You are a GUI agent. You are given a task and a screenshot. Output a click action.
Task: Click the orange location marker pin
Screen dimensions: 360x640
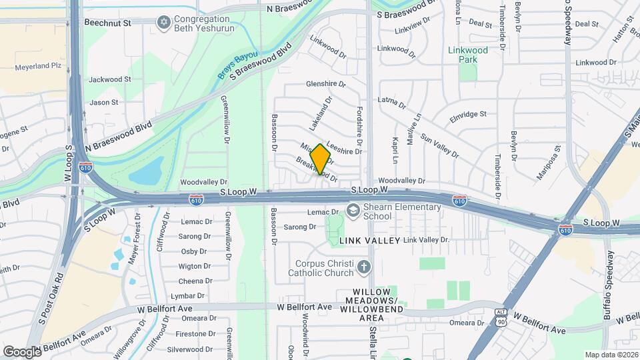[321, 159]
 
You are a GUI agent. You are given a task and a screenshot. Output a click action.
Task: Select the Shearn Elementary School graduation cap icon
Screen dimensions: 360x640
[353, 212]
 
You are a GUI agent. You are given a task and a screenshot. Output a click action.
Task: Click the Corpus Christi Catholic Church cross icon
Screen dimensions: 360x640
[363, 267]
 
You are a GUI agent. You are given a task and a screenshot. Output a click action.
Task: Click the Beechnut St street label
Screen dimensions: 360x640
[108, 22]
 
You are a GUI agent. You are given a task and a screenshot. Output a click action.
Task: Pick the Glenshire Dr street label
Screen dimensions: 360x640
[326, 85]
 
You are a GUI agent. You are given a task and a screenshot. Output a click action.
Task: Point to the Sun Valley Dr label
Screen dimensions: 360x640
[439, 147]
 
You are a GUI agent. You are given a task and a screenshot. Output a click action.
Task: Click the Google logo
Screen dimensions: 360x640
[22, 351]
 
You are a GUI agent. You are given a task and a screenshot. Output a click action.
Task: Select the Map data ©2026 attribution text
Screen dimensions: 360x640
[611, 355]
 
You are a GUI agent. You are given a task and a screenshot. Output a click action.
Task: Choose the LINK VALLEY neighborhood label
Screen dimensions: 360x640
[369, 240]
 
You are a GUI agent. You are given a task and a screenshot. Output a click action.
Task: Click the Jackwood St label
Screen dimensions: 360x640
[110, 79]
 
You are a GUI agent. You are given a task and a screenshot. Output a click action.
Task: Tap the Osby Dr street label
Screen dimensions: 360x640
[193, 251]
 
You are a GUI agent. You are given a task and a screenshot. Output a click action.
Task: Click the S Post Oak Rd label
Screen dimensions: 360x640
[51, 298]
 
